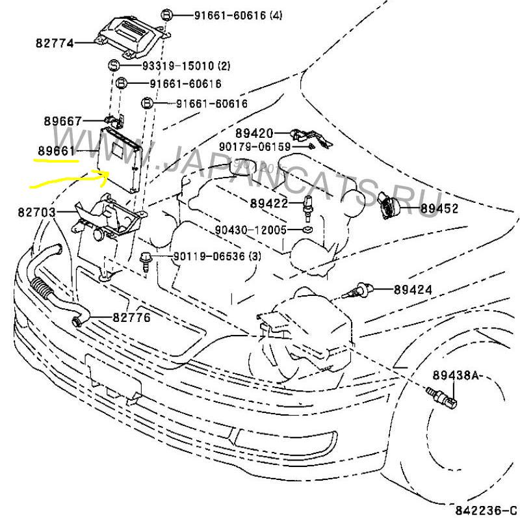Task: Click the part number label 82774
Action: (x=55, y=44)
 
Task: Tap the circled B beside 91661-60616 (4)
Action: (x=166, y=14)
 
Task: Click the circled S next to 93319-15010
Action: (x=112, y=65)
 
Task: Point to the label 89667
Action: (x=63, y=121)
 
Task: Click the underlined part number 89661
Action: (x=55, y=150)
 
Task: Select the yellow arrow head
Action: (x=103, y=172)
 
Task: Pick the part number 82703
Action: (x=36, y=213)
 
